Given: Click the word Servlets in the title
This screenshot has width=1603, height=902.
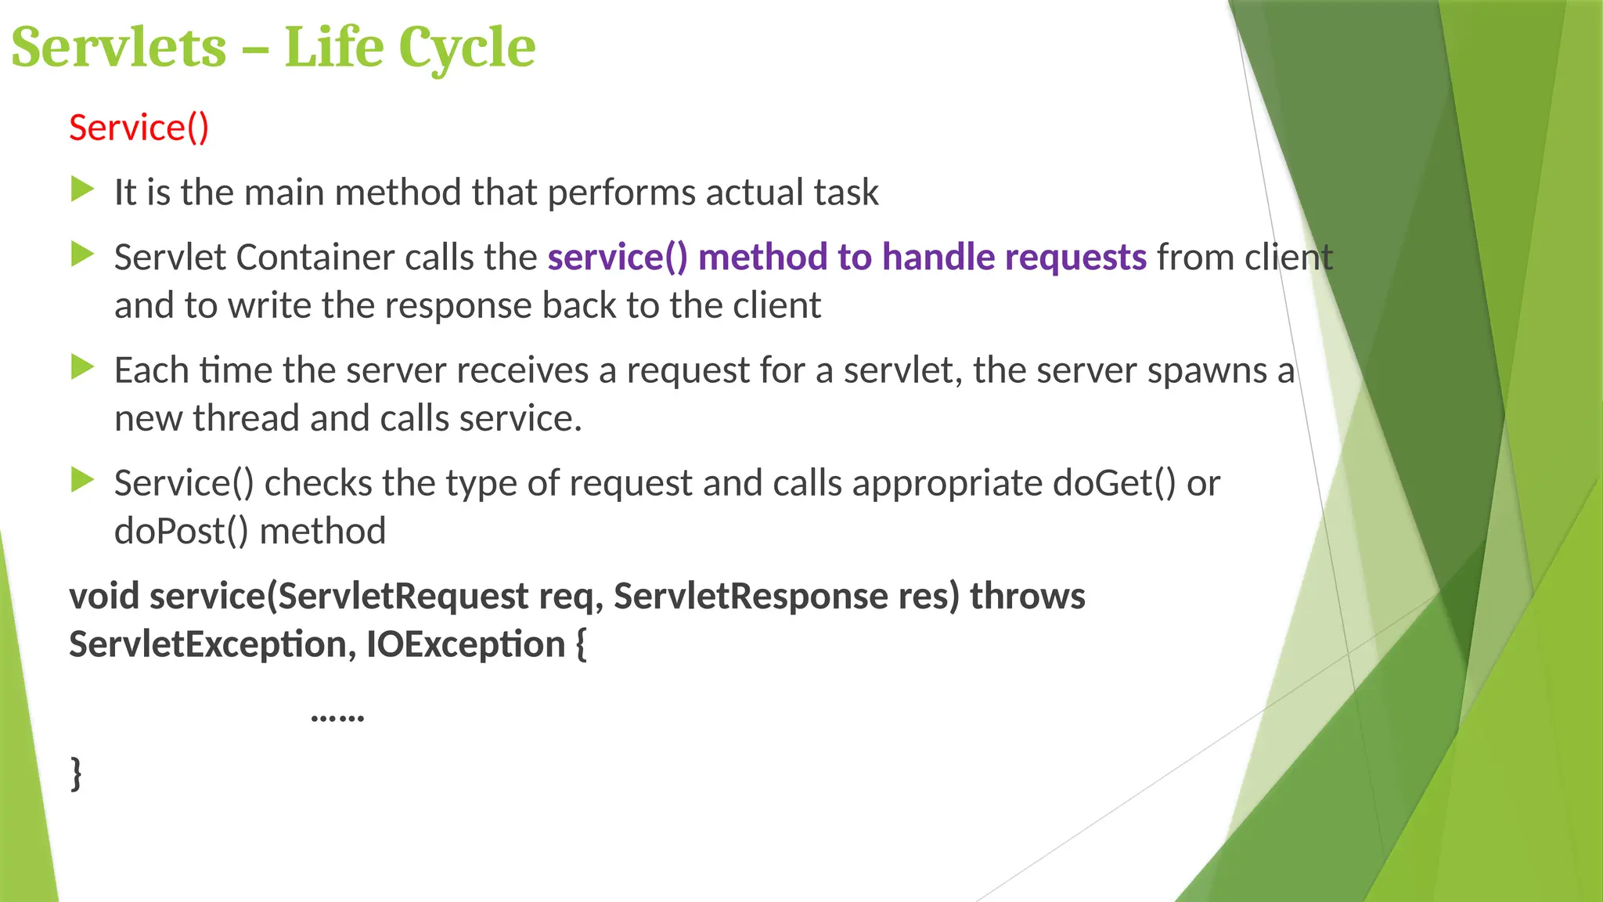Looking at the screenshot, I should click(x=118, y=48).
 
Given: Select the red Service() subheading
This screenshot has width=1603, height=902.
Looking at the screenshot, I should click(x=139, y=128).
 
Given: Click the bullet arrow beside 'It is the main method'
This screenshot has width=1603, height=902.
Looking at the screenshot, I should click(x=82, y=189).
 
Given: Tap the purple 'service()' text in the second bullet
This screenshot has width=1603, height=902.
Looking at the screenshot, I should click(x=617, y=258).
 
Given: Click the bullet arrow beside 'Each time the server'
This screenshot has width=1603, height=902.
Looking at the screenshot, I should click(x=82, y=367).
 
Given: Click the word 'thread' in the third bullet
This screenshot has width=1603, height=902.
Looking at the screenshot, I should click(x=247, y=419).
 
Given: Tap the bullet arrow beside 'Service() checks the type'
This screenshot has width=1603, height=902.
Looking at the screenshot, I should click(x=82, y=480).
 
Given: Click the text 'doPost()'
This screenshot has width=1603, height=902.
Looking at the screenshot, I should click(x=181, y=532).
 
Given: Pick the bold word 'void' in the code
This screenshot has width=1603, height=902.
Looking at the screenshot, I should click(x=103, y=597).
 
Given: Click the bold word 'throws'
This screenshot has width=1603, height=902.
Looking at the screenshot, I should click(x=1027, y=597).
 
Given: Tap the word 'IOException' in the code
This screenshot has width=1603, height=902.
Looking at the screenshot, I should click(x=466, y=645).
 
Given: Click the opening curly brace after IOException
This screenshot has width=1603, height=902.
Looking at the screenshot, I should click(x=581, y=645).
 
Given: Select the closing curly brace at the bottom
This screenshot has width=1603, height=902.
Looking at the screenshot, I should click(x=76, y=773).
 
